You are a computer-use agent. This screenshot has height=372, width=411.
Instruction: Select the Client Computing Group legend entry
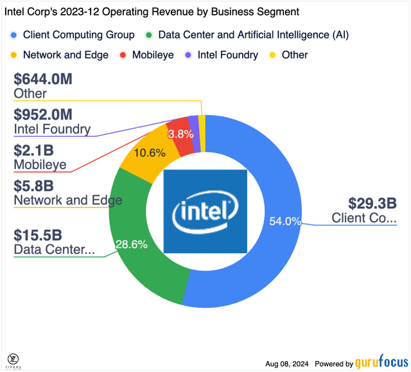[x=73, y=35]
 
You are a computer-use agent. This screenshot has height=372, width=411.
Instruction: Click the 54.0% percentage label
[x=285, y=222]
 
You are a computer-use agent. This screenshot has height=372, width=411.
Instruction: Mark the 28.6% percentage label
[x=131, y=245]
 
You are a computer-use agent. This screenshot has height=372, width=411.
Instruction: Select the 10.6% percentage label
[x=150, y=153]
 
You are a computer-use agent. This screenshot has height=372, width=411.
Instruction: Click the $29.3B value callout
[x=372, y=204]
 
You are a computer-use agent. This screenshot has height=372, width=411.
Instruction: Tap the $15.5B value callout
[x=38, y=235]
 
